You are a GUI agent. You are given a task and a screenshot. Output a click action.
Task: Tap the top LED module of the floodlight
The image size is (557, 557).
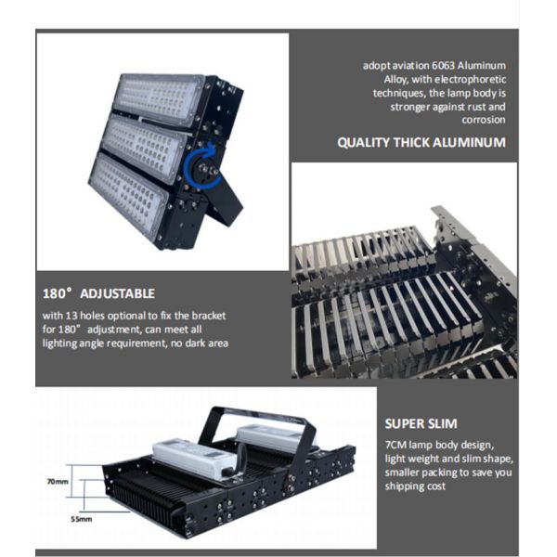(159, 99)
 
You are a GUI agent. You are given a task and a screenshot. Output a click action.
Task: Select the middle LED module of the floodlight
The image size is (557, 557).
(145, 149)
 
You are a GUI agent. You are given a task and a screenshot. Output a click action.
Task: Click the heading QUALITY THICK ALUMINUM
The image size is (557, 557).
(421, 142)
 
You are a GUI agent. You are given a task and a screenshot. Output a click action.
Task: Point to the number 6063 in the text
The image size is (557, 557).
(443, 66)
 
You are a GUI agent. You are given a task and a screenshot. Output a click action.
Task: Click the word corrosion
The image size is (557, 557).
(484, 120)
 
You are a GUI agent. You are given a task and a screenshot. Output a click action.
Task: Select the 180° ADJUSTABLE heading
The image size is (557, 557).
(98, 293)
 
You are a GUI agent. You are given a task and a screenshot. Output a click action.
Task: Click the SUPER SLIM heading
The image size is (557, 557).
(421, 423)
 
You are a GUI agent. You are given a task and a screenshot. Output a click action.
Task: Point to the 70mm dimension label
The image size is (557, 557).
(58, 482)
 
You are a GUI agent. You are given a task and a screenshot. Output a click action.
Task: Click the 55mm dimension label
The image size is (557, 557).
(82, 519)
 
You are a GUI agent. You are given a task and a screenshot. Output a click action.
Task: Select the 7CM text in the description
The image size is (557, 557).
(395, 445)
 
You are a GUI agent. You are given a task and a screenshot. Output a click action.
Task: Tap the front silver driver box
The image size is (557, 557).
(195, 459)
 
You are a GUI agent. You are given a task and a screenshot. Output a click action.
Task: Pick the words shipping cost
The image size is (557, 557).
(415, 486)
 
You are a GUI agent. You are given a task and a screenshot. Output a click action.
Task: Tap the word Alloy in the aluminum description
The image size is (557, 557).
(395, 80)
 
